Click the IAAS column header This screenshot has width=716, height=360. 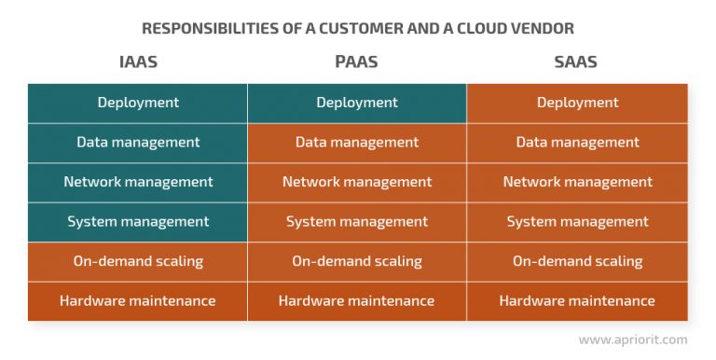tap(138, 62)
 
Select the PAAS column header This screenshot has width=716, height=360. tap(357, 62)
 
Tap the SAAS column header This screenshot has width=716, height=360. tap(577, 62)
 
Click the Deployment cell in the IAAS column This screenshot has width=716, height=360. tap(138, 103)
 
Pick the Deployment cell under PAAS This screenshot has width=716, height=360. tap(357, 103)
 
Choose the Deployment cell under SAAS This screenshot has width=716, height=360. tap(577, 103)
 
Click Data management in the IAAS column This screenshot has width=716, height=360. tap(138, 143)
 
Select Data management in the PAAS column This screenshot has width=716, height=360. tap(357, 143)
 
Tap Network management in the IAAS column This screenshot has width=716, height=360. tap(138, 182)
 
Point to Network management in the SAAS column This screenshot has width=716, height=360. tap(577, 182)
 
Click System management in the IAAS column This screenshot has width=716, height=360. tap(138, 222)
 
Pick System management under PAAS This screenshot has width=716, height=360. tap(357, 222)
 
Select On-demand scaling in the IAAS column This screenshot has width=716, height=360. tap(138, 261)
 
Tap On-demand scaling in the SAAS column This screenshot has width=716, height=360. tap(577, 261)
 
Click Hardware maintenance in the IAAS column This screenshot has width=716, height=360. tap(138, 301)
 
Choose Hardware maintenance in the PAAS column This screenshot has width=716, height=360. tap(357, 301)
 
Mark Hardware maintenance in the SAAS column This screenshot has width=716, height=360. tap(577, 301)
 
